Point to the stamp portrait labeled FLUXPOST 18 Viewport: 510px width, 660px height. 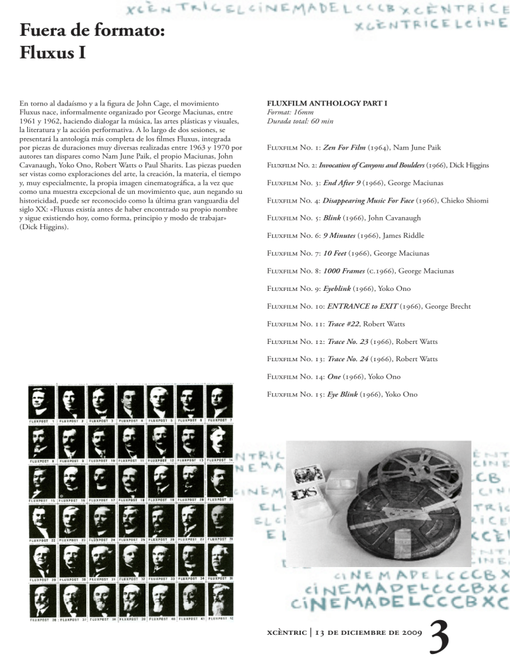point(131,479)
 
